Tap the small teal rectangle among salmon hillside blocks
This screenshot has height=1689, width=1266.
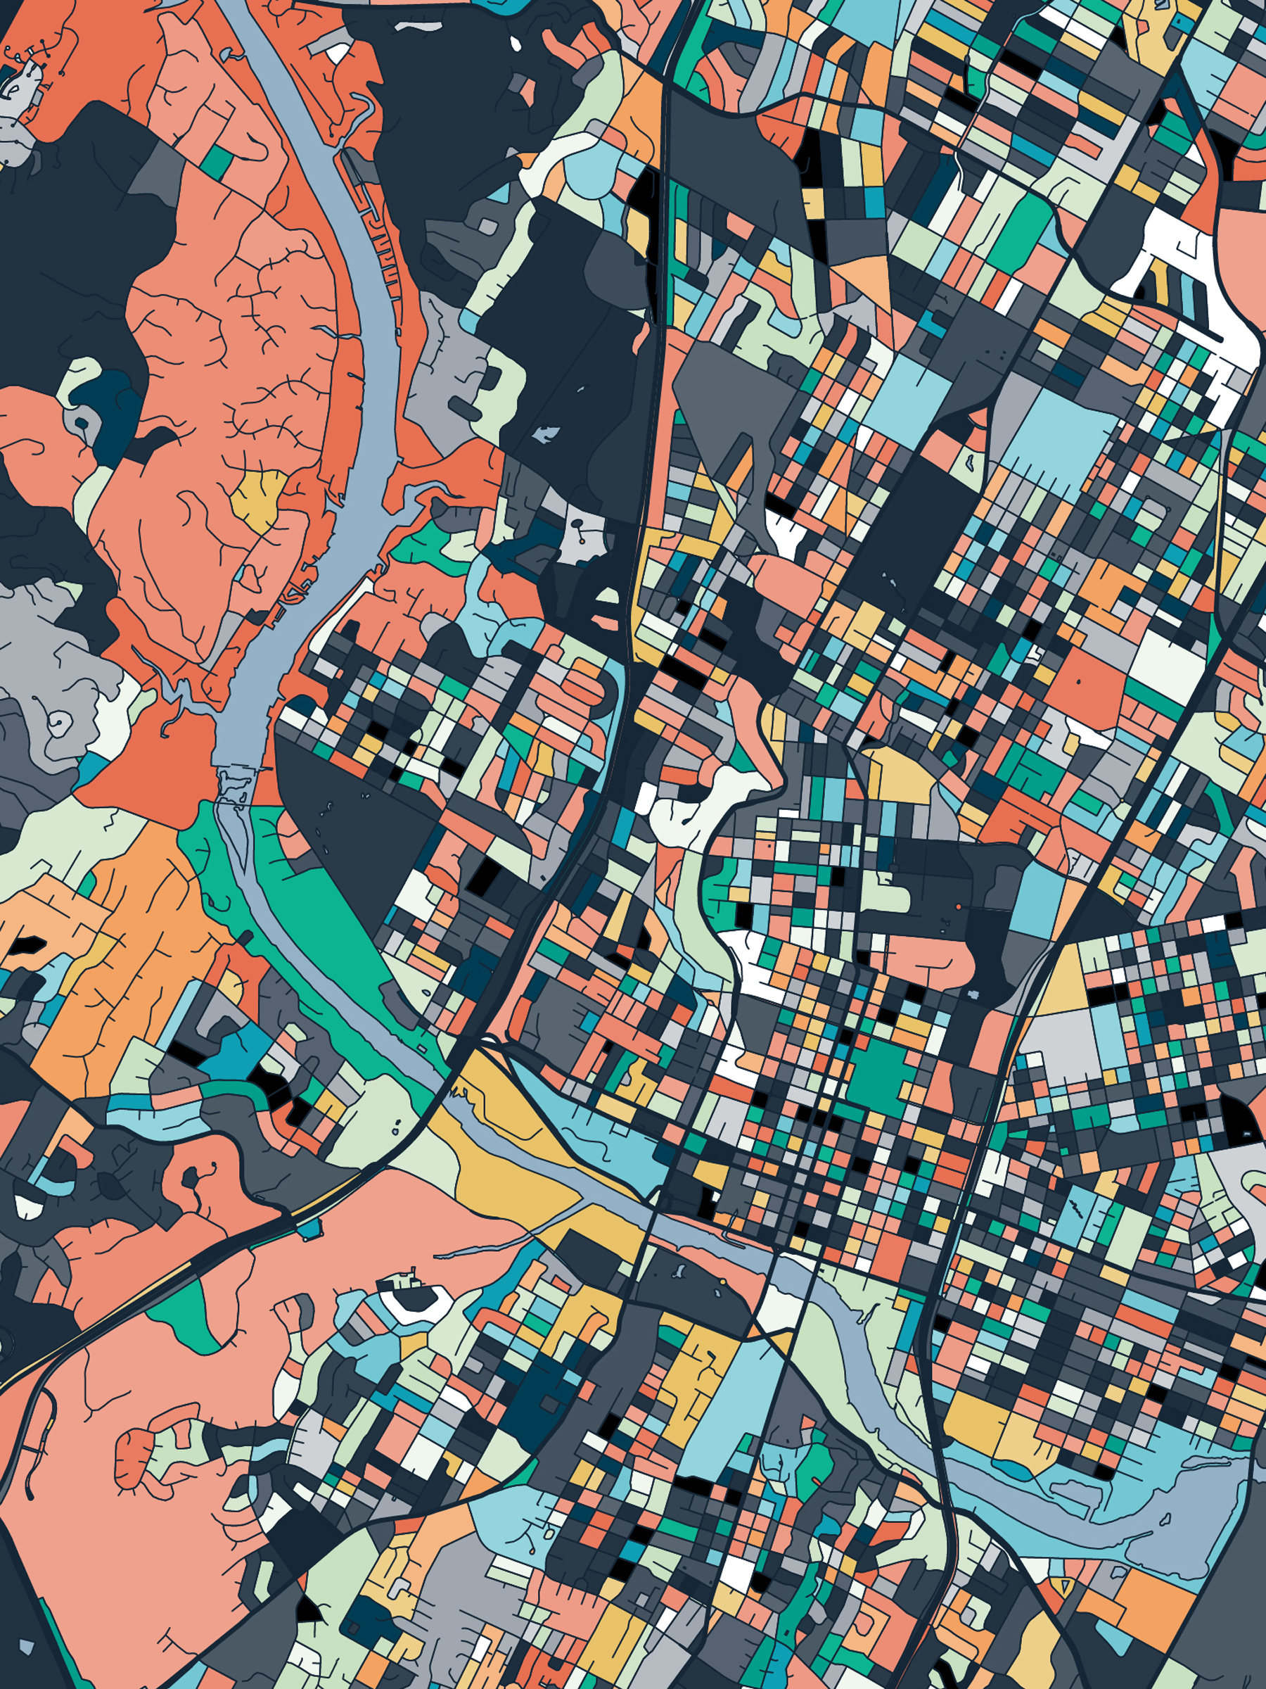(x=218, y=161)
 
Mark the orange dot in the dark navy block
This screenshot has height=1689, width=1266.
(x=959, y=906)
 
